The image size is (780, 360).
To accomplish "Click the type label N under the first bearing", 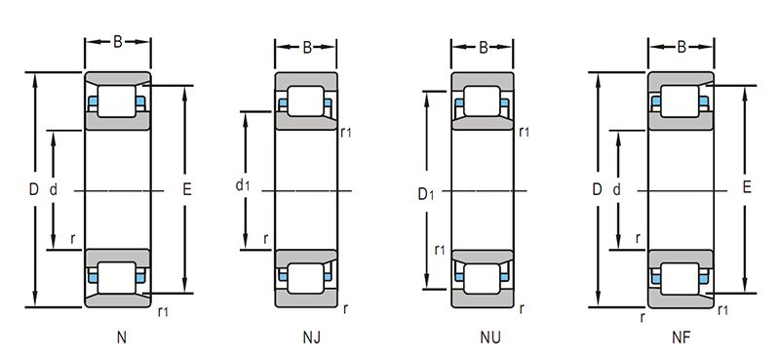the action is [x=121, y=338].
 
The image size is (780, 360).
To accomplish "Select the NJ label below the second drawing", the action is [x=311, y=338].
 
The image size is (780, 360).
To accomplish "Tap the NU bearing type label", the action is [x=490, y=338].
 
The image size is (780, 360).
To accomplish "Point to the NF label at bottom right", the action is [x=681, y=338].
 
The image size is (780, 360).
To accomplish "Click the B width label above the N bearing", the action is [x=117, y=42].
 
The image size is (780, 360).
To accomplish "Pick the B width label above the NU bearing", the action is [x=484, y=47].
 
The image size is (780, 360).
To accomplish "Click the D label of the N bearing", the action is [x=33, y=189].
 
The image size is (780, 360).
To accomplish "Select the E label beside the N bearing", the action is [x=187, y=189].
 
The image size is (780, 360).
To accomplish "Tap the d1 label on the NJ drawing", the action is [x=242, y=185].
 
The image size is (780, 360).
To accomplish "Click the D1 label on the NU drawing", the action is [x=425, y=194].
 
